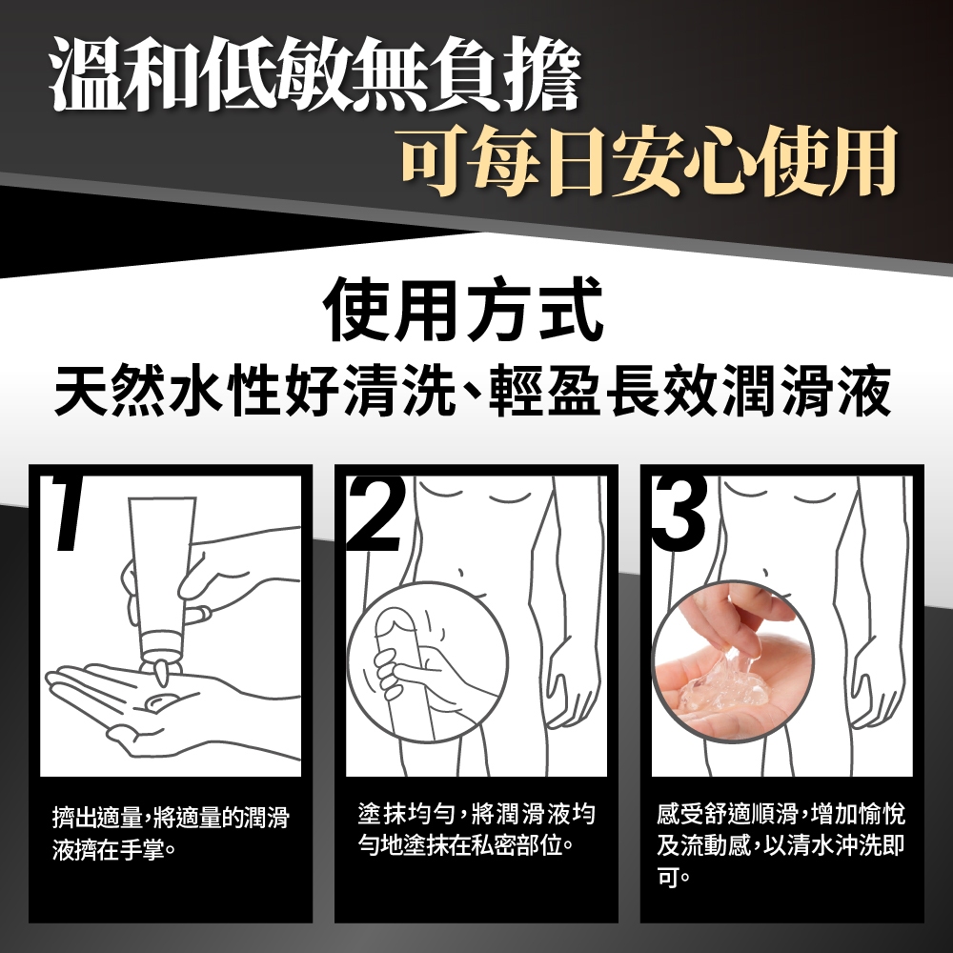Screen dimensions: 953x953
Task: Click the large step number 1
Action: click(x=68, y=514)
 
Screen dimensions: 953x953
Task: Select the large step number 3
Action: click(x=679, y=514)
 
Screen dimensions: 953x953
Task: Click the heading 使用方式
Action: click(x=464, y=310)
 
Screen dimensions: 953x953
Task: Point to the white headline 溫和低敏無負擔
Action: click(x=314, y=73)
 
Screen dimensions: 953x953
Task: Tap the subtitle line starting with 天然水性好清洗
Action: click(x=473, y=390)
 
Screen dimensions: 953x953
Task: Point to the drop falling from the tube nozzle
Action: click(x=163, y=676)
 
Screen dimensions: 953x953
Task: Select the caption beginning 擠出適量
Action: click(x=171, y=834)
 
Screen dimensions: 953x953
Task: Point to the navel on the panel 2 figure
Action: click(x=460, y=573)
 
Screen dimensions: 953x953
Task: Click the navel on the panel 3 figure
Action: click(x=766, y=573)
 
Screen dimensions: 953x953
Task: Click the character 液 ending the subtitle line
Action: click(x=865, y=391)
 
